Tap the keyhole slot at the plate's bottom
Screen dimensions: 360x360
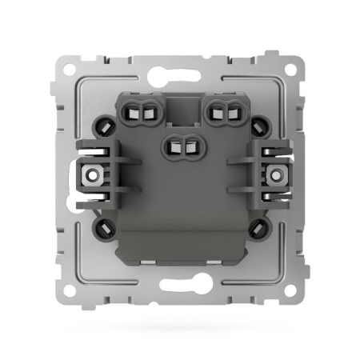pos(180,286)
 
